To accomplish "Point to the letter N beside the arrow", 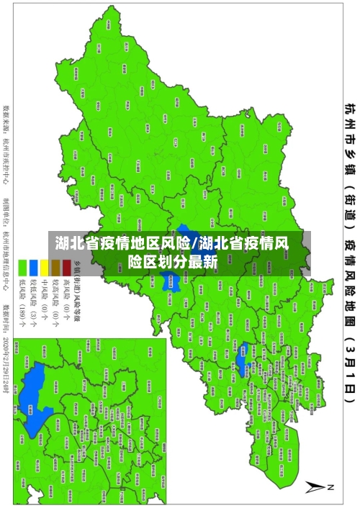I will (332, 486).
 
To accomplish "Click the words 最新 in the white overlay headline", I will (204, 262).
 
